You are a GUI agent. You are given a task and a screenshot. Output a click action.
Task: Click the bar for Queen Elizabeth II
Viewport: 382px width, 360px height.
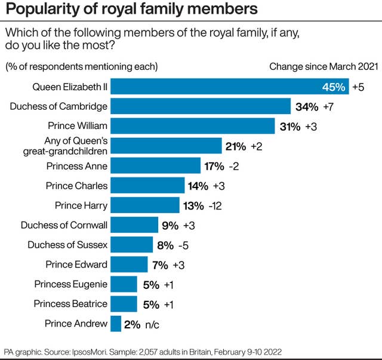pos(215,87)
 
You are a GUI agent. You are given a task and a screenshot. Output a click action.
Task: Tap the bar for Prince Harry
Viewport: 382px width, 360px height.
pos(145,205)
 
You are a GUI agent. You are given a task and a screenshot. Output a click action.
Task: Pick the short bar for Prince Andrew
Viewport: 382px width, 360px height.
pos(116,324)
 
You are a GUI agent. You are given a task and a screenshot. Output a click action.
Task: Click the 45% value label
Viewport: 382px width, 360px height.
pos(334,87)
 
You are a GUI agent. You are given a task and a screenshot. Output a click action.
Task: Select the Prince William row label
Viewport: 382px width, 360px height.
pos(78,127)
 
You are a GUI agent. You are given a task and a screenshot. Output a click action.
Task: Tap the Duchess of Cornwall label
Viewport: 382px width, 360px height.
pos(64,225)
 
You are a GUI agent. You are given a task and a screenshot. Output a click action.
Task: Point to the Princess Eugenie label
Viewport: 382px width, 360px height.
pos(71,284)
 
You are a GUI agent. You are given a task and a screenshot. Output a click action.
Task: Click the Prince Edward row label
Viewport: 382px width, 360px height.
pos(76,264)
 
